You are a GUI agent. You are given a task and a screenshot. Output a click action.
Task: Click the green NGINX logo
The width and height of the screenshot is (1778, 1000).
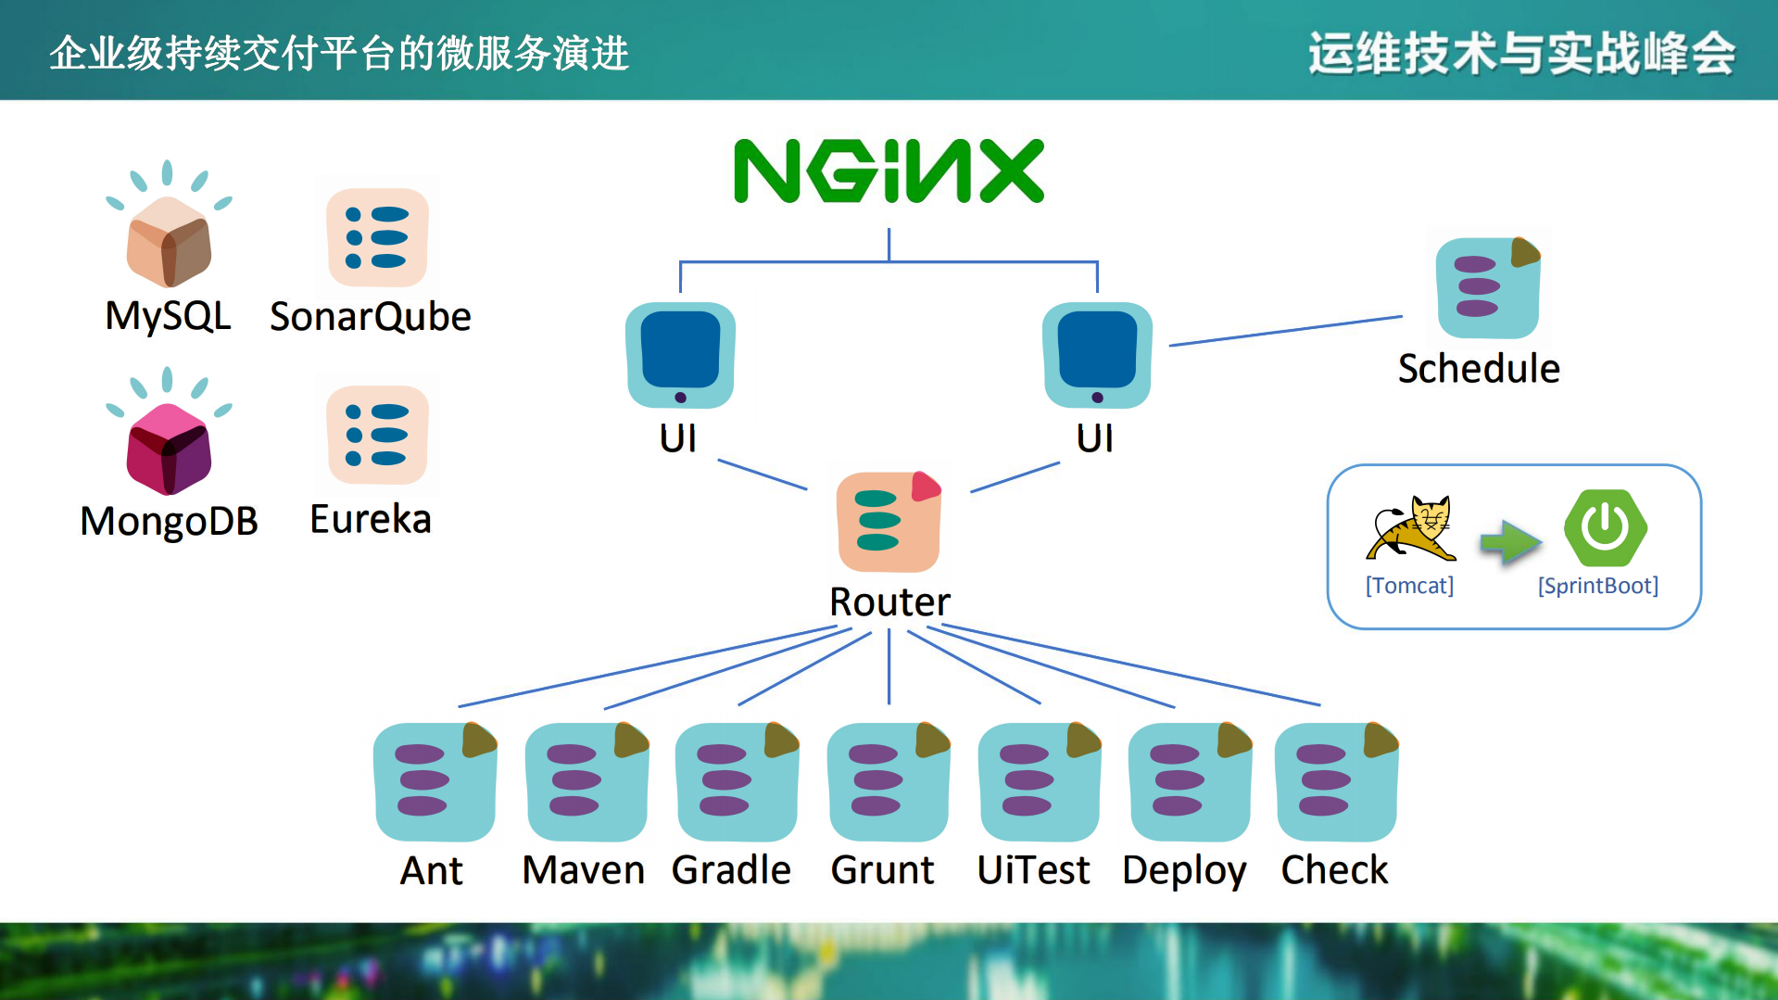click(889, 171)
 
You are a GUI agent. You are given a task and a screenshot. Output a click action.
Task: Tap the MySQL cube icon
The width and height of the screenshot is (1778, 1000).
click(169, 241)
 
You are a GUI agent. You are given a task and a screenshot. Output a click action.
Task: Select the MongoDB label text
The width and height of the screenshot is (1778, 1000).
click(169, 521)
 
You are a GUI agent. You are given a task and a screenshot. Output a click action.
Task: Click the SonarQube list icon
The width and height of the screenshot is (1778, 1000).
click(377, 237)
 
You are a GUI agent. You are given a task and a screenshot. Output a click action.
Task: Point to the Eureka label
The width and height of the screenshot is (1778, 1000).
click(371, 519)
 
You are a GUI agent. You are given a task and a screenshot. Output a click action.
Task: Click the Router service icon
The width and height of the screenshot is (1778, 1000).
click(889, 522)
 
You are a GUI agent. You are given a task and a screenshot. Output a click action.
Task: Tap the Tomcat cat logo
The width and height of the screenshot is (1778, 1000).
click(1410, 529)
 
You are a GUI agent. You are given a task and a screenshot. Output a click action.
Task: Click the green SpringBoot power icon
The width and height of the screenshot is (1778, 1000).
click(1605, 527)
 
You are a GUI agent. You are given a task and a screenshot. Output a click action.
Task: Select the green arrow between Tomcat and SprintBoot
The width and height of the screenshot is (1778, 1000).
click(1509, 541)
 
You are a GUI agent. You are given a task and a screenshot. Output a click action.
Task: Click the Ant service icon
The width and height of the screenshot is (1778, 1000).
click(435, 781)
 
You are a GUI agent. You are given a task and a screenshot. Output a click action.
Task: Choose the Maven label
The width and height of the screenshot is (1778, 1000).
click(583, 870)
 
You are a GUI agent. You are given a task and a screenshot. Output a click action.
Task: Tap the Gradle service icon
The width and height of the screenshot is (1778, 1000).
click(737, 781)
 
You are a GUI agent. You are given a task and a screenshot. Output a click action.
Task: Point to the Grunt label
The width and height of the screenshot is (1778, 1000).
click(882, 870)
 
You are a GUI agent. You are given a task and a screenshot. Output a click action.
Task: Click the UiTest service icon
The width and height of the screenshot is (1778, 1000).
click(1039, 781)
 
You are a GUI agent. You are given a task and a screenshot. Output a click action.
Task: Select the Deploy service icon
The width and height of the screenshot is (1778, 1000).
click(1190, 781)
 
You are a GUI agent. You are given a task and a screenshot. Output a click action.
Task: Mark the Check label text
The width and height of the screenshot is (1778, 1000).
click(1334, 870)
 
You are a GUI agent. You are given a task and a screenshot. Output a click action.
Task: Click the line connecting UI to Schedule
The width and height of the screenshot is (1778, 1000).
click(1285, 331)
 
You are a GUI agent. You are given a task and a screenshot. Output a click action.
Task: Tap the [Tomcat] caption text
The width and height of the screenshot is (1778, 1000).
click(1409, 586)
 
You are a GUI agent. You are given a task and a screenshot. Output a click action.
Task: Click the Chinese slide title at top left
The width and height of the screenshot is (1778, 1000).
click(339, 53)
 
